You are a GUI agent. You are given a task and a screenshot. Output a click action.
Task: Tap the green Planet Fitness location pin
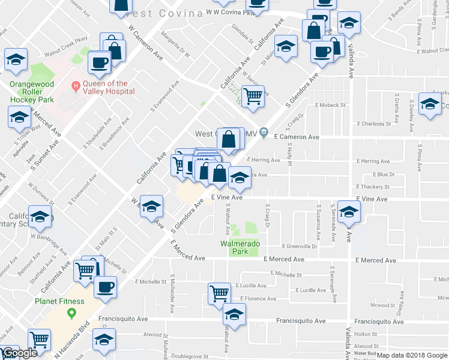click(72, 313)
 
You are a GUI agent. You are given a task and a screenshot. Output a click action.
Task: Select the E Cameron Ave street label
click(296, 137)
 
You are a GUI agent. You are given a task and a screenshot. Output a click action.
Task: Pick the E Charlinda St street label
click(373, 124)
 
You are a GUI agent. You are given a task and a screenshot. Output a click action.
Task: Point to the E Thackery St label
click(373, 187)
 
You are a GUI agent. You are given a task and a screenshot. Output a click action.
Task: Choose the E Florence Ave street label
click(258, 298)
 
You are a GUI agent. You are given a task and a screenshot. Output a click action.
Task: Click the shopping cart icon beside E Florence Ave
click(220, 293)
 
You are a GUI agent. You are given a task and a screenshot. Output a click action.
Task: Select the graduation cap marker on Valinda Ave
click(349, 211)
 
